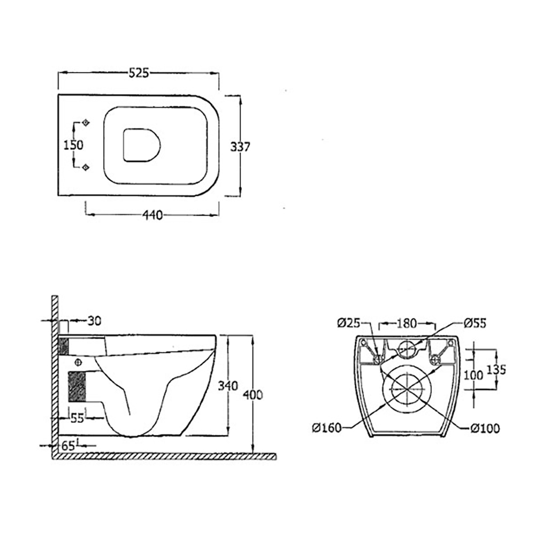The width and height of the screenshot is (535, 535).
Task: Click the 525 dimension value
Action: pyautogui.click(x=138, y=73)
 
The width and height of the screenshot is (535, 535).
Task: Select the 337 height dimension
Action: pyautogui.click(x=240, y=146)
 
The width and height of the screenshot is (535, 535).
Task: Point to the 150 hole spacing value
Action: pyautogui.click(x=74, y=145)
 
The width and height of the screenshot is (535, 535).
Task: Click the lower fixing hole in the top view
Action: pyautogui.click(x=85, y=167)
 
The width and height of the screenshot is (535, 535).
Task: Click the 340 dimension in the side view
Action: pyautogui.click(x=227, y=386)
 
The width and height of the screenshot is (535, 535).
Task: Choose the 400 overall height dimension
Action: pyautogui.click(x=253, y=395)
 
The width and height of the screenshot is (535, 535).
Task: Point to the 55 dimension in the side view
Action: pyautogui.click(x=78, y=418)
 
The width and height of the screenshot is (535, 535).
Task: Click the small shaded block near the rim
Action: pyautogui.click(x=64, y=346)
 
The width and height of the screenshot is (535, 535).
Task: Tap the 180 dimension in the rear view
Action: pyautogui.click(x=407, y=323)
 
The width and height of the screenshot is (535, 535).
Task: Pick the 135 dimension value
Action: pyautogui.click(x=498, y=369)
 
